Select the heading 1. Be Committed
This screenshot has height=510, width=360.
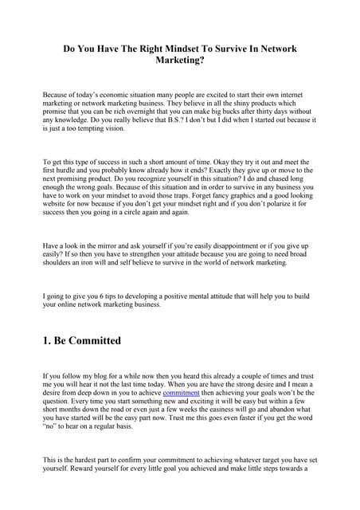coord(82,340)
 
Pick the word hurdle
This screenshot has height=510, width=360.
coord(71,170)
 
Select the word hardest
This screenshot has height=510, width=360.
coord(88,460)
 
